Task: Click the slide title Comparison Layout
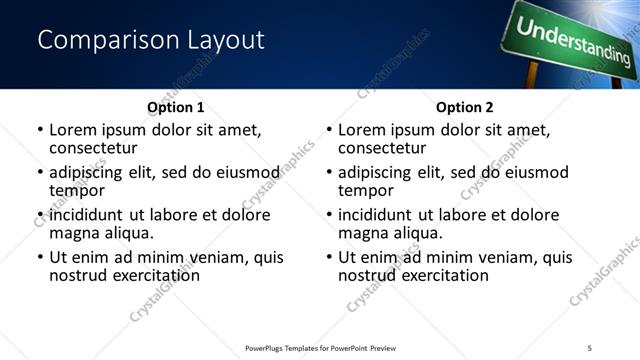[151, 40]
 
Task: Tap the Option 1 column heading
[175, 107]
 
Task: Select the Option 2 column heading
[464, 107]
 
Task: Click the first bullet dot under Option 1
[40, 131]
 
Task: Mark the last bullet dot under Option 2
[329, 257]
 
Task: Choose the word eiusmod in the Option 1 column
[245, 172]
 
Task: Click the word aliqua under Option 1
[125, 233]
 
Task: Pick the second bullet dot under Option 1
[40, 173]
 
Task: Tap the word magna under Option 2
[362, 233]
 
